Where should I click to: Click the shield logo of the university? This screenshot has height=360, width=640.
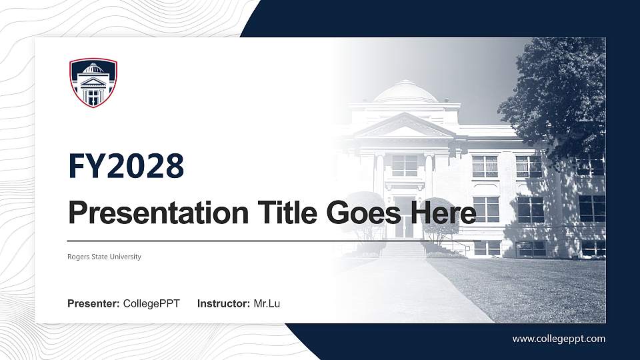93,83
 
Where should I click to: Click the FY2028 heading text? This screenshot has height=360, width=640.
126,166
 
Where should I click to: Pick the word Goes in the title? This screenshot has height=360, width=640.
360,214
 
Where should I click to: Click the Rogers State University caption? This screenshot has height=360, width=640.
104,257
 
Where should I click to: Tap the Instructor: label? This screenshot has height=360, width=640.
224,304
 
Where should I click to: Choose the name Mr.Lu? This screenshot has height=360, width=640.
267,304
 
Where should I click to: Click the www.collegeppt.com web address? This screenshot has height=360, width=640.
559,339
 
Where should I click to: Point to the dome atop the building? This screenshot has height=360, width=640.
405,91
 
